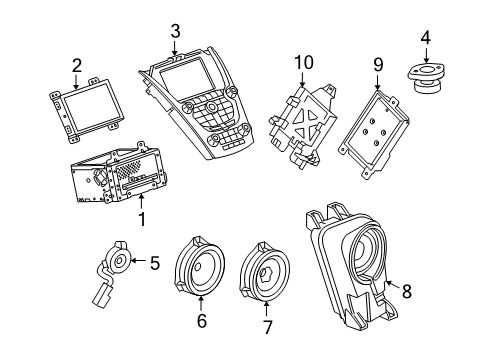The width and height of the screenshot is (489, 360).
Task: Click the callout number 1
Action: (x=141, y=215)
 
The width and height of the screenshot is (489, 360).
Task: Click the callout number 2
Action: (x=75, y=67)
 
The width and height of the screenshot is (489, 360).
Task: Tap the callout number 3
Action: (x=175, y=31)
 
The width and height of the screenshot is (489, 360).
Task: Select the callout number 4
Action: (x=425, y=40)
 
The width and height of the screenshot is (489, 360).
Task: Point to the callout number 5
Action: (x=154, y=263)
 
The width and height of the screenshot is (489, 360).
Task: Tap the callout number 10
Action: (x=304, y=64)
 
